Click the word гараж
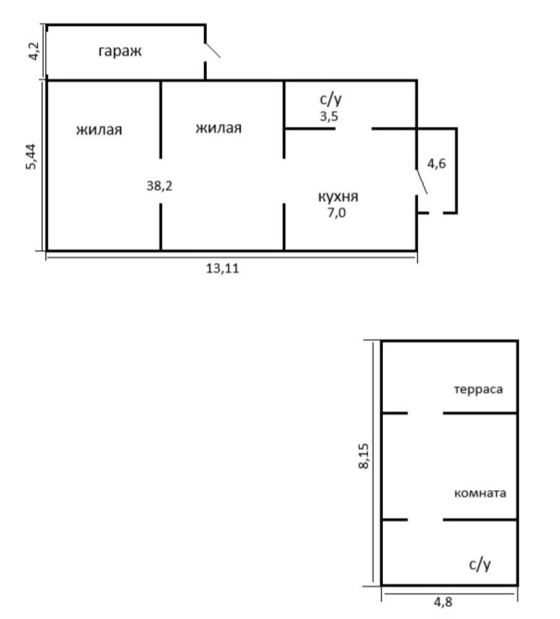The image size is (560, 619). click(x=120, y=51)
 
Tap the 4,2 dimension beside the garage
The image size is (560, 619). click(x=34, y=51)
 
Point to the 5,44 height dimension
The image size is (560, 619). click(x=31, y=157)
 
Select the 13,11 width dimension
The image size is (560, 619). click(x=222, y=269)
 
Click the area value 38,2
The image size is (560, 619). click(x=160, y=185)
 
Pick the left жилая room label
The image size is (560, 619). click(x=99, y=130)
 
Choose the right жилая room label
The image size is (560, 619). click(x=219, y=128)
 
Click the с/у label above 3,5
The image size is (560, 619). click(x=330, y=99)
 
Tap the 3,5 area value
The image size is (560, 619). click(x=329, y=116)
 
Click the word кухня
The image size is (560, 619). click(x=338, y=197)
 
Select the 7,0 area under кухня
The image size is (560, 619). click(x=337, y=213)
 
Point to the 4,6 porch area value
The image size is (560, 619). click(x=437, y=163)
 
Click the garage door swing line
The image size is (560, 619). click(x=212, y=50)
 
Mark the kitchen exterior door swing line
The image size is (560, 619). click(x=422, y=182)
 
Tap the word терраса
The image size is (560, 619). click(x=479, y=390)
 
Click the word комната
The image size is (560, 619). click(x=480, y=493)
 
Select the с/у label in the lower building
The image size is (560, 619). click(x=479, y=565)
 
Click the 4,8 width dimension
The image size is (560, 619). click(x=443, y=602)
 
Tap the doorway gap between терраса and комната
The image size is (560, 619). click(x=425, y=413)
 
